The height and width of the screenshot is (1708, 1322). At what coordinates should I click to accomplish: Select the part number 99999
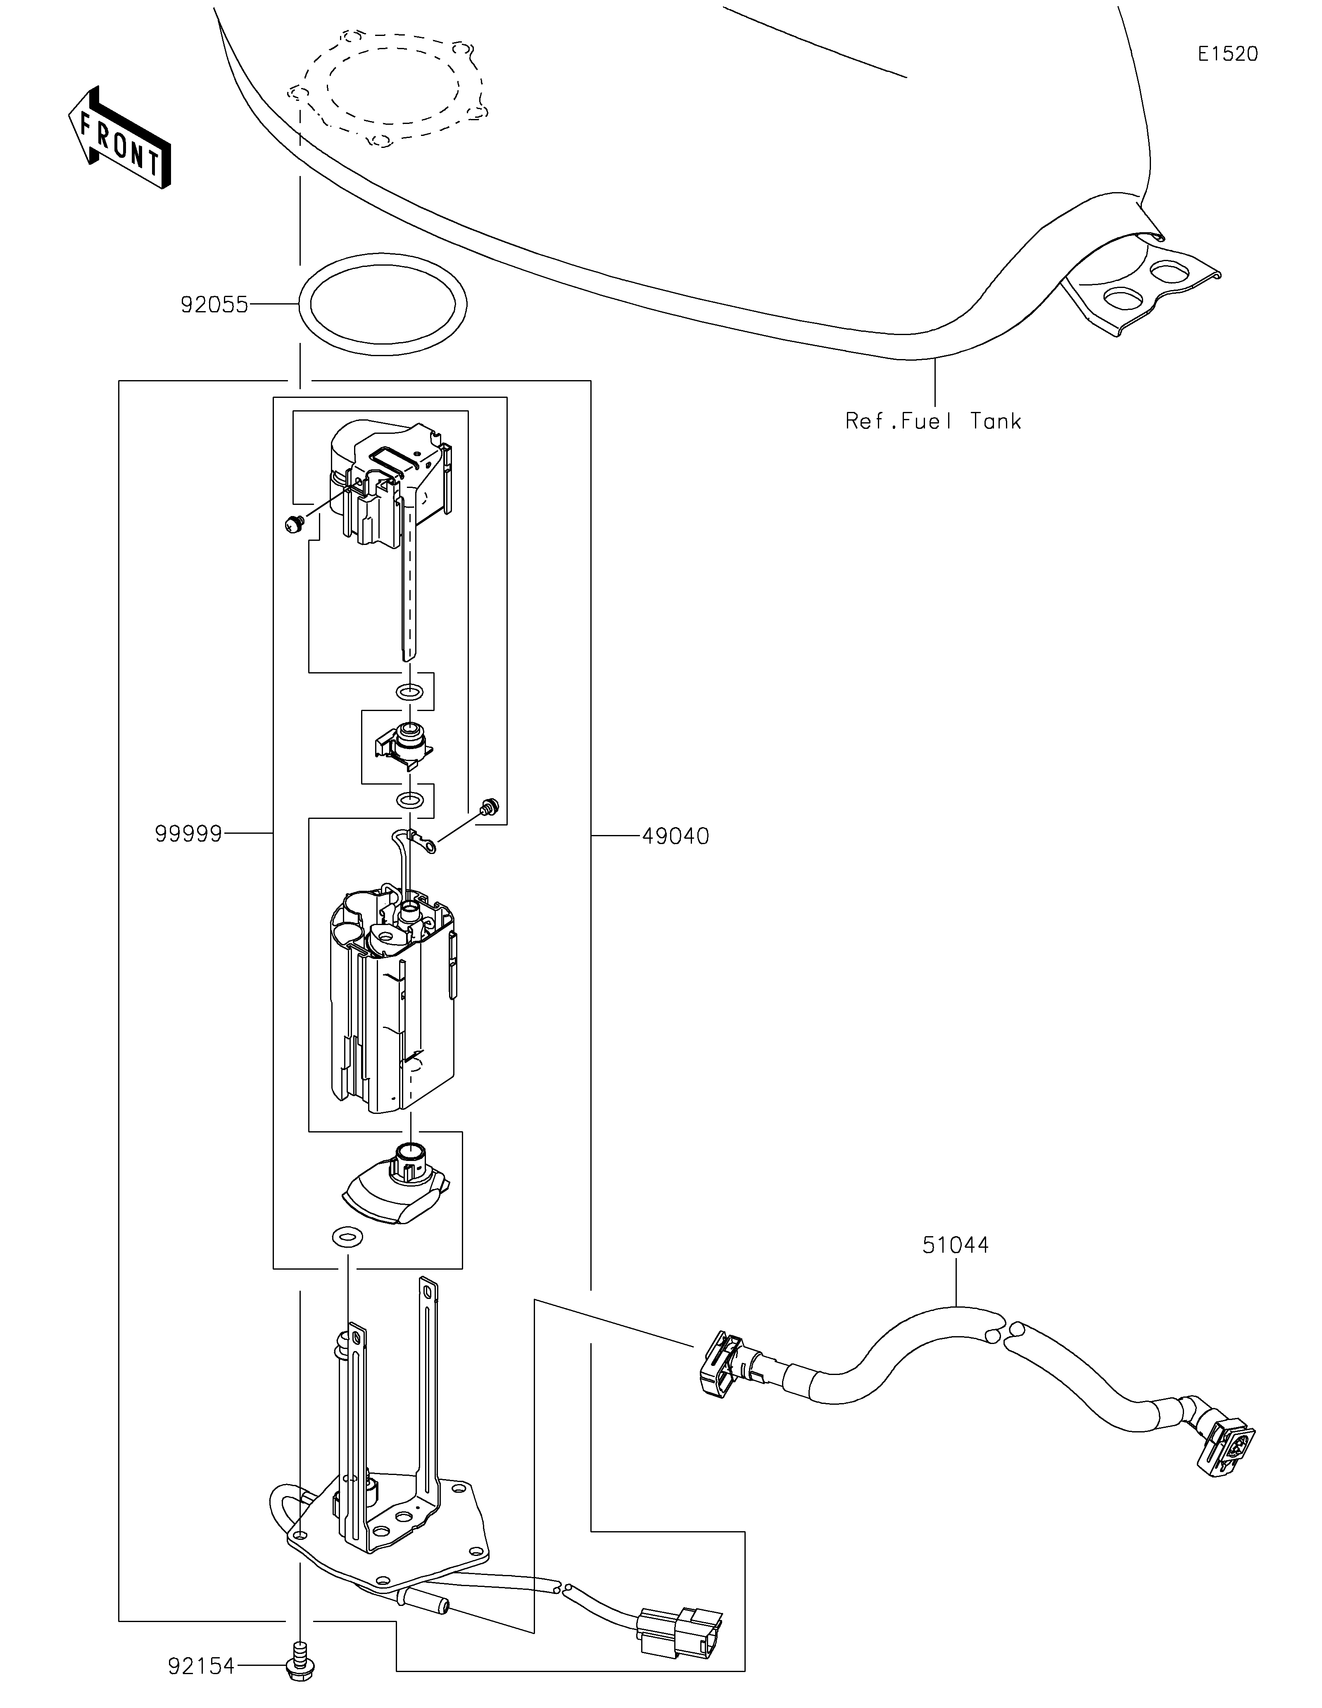point(188,835)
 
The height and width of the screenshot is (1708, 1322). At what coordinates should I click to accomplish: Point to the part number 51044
point(955,1244)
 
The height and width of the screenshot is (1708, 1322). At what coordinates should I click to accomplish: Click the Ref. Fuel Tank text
point(933,421)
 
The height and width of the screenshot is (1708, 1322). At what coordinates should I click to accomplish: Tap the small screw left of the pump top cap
point(295,524)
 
